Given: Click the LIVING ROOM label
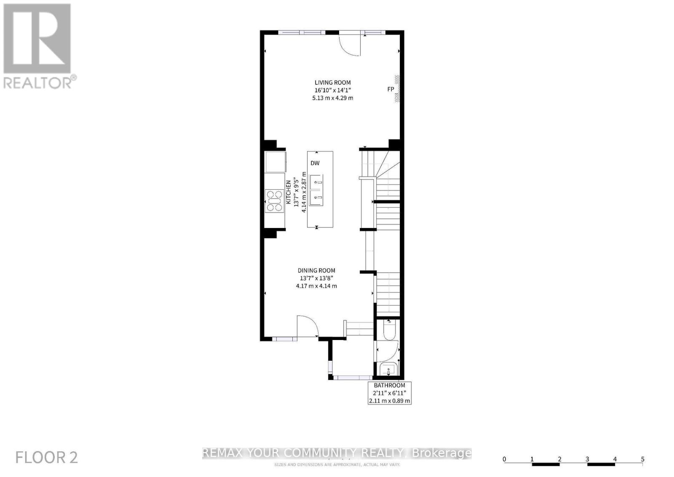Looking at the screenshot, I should click(x=332, y=83).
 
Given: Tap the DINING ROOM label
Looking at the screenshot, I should click(x=316, y=271).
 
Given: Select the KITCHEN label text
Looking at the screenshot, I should click(x=289, y=193).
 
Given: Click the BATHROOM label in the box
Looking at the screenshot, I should click(x=389, y=385).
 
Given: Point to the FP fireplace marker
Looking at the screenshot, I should click(x=390, y=89).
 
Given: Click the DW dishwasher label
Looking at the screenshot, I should click(x=315, y=163).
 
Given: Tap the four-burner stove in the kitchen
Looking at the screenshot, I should click(x=274, y=201).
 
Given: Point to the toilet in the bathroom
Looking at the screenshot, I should click(x=389, y=331).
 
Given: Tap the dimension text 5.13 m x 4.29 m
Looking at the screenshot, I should click(x=332, y=98).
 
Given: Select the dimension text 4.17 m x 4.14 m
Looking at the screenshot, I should click(x=316, y=286).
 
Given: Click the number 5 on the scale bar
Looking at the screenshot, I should click(x=642, y=459).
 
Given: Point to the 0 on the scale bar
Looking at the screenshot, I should click(x=504, y=459).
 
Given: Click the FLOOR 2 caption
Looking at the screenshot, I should click(x=46, y=457).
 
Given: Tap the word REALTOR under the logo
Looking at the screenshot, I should click(x=37, y=82).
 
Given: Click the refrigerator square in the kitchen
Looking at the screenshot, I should click(x=275, y=161).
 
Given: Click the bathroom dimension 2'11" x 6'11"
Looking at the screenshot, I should click(x=389, y=393).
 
